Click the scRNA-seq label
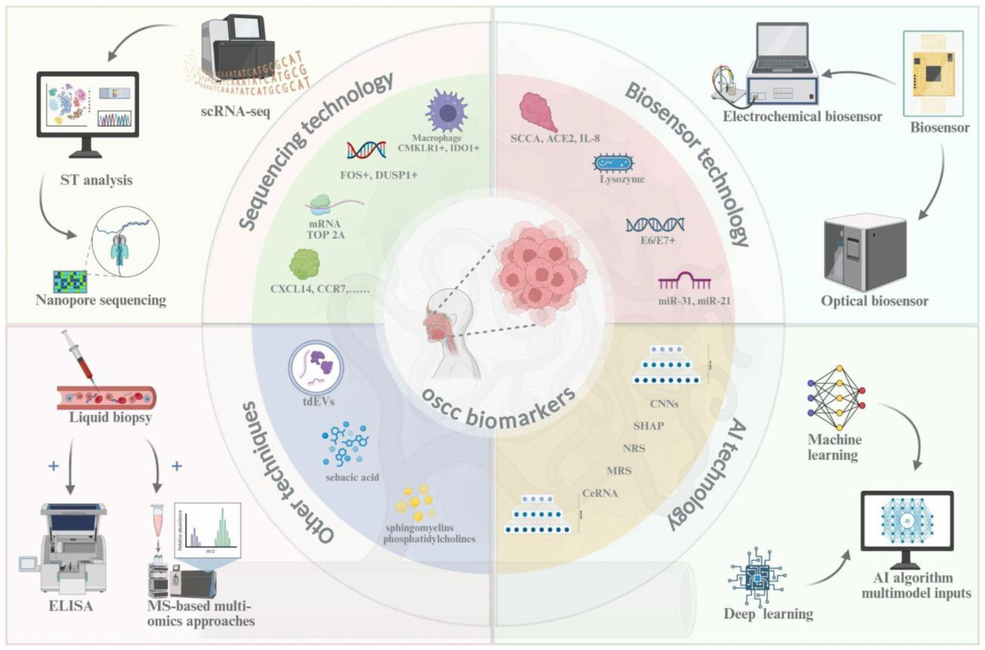tap(235, 112)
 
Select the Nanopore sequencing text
tap(101, 300)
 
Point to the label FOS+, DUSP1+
tap(378, 175)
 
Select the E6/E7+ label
tap(655, 239)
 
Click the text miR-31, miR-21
tap(694, 301)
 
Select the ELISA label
tap(71, 606)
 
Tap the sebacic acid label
tap(352, 477)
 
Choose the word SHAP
tap(648, 426)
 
